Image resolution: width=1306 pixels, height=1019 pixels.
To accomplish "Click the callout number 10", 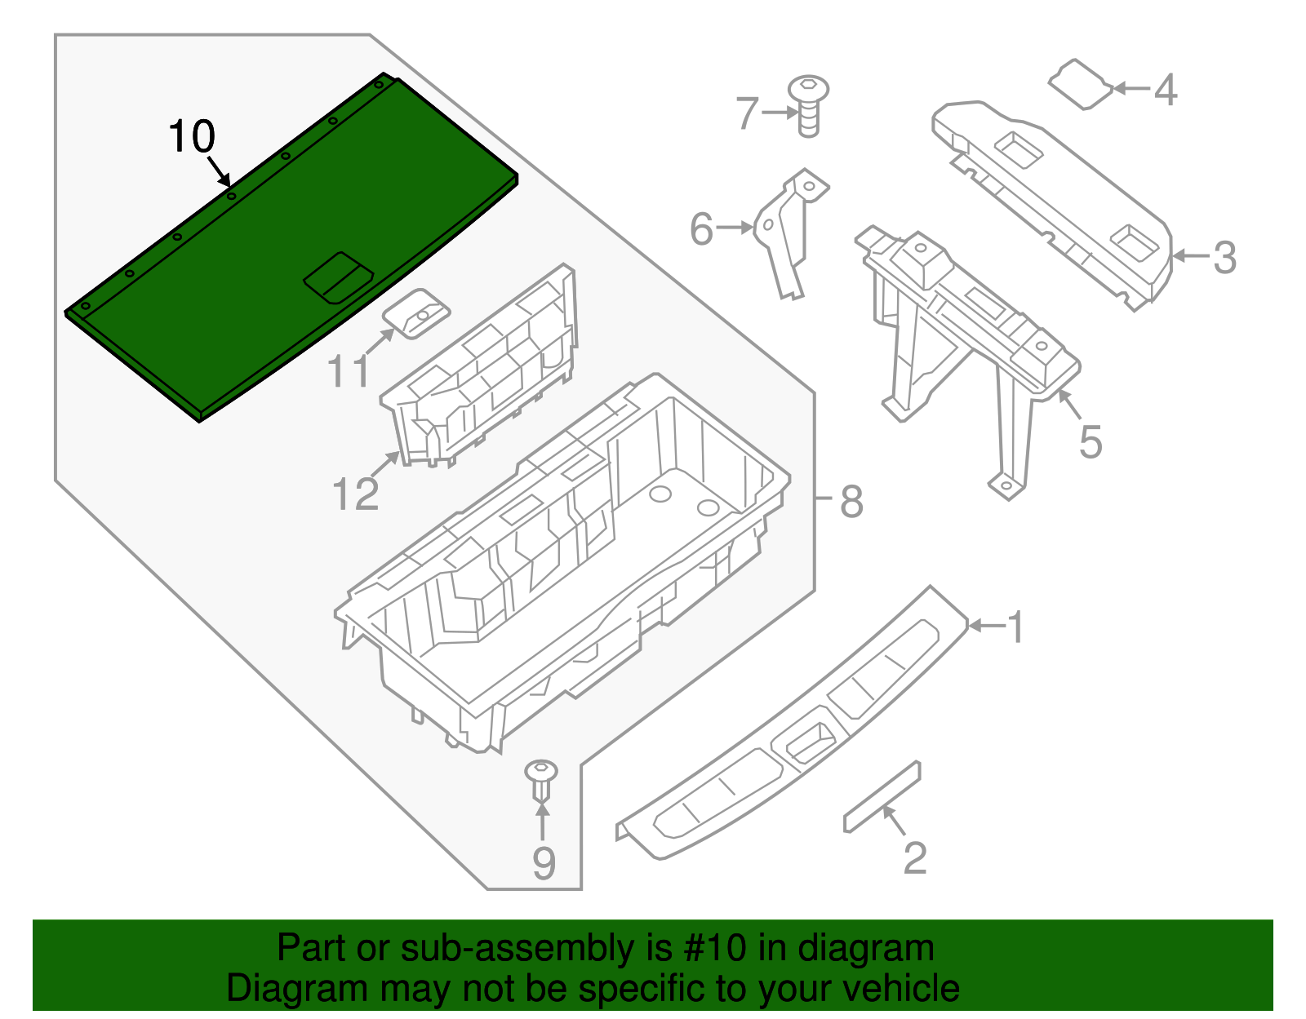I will point(192,136).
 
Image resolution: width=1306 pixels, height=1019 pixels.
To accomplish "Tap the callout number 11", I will point(349,372).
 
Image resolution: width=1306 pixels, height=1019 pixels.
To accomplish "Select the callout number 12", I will point(356,494).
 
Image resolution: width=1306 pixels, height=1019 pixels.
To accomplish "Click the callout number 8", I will point(851,501).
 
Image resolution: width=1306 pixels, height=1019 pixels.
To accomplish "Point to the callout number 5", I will point(1091,442).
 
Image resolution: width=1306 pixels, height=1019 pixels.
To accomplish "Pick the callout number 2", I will point(915,857).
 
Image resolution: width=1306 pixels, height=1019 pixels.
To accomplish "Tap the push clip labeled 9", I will point(542,779).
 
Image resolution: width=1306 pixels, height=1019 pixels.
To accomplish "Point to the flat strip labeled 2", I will point(882,796).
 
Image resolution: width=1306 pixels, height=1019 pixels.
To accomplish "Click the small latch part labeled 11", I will point(417,313).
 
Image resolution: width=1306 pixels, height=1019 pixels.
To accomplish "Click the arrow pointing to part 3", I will point(1190,255).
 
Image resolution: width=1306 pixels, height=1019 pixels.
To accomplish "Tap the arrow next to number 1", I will point(986,626).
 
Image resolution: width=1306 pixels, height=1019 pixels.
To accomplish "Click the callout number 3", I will point(1224,258).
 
